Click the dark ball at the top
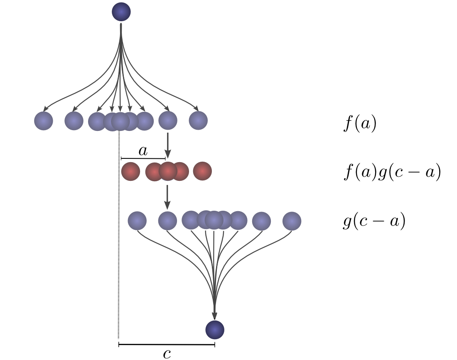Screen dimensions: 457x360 click(x=121, y=12)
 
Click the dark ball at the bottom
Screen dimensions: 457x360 click(x=215, y=330)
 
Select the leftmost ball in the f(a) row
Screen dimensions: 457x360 click(x=44, y=121)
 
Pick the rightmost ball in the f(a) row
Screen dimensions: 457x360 click(x=198, y=121)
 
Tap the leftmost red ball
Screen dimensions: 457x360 click(x=130, y=171)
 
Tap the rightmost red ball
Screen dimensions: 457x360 click(x=202, y=171)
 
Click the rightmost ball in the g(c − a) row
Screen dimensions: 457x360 click(x=292, y=221)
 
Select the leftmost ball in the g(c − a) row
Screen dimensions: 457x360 click(x=137, y=221)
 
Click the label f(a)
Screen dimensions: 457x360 click(x=360, y=124)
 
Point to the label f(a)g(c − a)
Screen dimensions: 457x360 click(x=392, y=172)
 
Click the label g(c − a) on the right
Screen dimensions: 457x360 click(x=374, y=221)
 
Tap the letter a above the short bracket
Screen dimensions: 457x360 click(x=143, y=151)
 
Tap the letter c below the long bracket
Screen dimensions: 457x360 click(x=167, y=354)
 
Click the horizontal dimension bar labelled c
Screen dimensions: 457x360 click(x=167, y=345)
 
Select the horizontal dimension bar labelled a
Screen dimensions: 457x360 click(x=143, y=158)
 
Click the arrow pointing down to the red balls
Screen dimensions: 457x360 click(x=167, y=145)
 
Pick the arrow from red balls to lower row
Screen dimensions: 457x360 click(x=167, y=197)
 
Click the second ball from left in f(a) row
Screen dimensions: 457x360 click(x=74, y=121)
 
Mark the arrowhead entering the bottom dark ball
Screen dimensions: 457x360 click(x=214, y=316)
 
